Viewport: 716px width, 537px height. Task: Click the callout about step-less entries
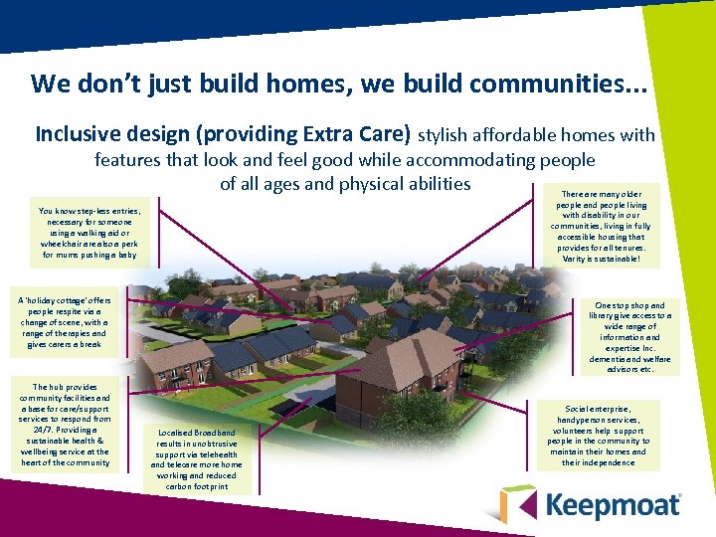point(90,233)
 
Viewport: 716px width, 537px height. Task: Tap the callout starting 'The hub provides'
point(66,425)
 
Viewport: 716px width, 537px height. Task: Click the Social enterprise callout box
point(598,436)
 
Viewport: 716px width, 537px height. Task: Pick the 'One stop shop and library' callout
point(629,337)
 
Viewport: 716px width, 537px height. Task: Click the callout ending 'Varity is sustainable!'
point(603,226)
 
